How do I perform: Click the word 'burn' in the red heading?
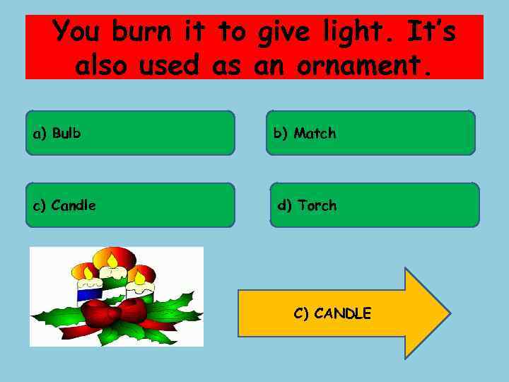142,32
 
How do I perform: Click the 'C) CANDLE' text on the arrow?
332,313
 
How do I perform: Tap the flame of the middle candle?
112,261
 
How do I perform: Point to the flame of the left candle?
88,272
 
